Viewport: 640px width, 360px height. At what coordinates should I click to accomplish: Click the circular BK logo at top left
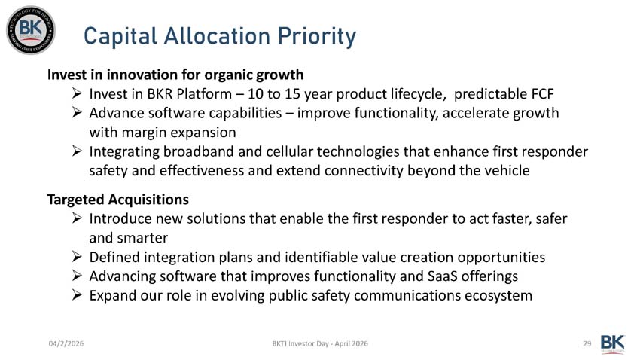tap(31, 30)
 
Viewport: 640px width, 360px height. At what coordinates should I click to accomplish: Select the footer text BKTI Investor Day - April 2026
tap(320, 343)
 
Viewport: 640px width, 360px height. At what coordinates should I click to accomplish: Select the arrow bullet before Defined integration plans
tap(77, 257)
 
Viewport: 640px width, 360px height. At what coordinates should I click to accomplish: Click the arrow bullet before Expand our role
tap(77, 295)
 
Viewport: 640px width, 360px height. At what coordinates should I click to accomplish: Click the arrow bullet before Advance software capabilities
tap(77, 113)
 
